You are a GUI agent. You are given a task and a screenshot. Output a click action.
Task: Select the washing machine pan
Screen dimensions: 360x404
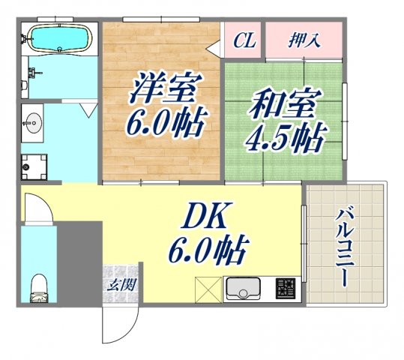coord(34,166)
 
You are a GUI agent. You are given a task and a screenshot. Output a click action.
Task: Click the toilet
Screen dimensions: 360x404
coord(37,287)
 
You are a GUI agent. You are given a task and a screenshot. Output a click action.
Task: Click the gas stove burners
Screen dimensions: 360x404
coord(286,287)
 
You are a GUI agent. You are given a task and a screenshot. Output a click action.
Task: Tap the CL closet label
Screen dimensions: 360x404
coord(244,40)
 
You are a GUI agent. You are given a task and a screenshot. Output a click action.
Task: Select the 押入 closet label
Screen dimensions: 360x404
coord(304,40)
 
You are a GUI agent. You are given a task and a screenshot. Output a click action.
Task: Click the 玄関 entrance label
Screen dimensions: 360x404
coord(121,285)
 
